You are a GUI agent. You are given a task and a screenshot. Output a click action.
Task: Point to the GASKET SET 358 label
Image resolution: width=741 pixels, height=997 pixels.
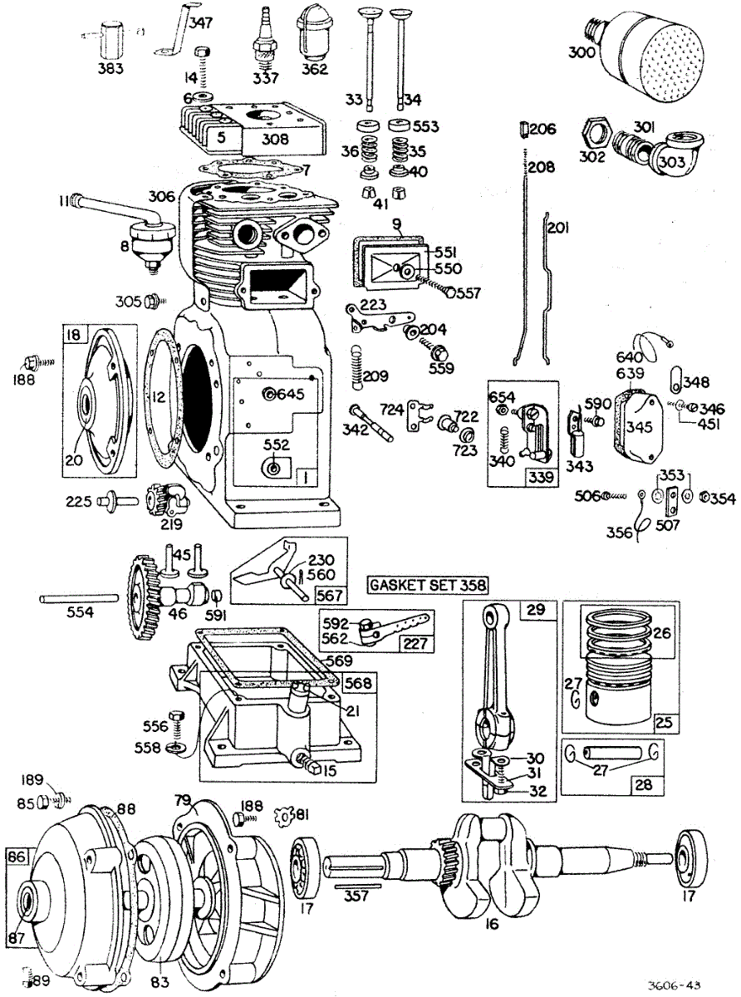[x=427, y=584]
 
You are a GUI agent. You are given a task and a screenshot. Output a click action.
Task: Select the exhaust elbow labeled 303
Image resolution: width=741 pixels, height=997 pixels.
[x=670, y=157]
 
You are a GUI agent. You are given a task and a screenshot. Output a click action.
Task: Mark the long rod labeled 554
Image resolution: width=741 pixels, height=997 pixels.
[x=79, y=597]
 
